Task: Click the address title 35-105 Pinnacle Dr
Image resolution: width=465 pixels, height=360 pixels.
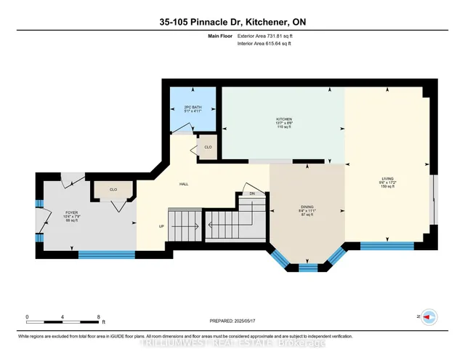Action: [232, 22]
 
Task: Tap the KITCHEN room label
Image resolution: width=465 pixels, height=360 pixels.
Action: [283, 119]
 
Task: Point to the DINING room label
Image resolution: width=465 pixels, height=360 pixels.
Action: [307, 206]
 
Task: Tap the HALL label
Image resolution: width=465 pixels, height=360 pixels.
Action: [184, 185]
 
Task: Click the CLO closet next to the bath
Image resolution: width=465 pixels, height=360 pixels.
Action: [208, 147]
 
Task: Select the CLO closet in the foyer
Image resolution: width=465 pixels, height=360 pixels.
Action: [113, 189]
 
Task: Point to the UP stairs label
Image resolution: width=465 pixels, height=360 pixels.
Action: [161, 226]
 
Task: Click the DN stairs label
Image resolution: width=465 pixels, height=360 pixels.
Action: [252, 194]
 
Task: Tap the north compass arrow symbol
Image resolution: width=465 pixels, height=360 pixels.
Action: [429, 317]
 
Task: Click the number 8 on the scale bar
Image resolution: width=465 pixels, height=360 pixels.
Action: [98, 317]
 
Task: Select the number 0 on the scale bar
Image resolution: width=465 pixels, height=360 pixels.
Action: [27, 317]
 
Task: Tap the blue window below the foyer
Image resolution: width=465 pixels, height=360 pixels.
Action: [106, 254]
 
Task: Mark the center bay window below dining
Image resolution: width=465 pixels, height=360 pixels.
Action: [308, 267]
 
